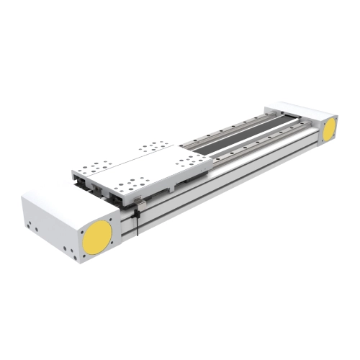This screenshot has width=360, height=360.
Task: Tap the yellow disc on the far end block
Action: point(329,129)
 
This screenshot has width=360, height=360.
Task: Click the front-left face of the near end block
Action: point(50,223)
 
